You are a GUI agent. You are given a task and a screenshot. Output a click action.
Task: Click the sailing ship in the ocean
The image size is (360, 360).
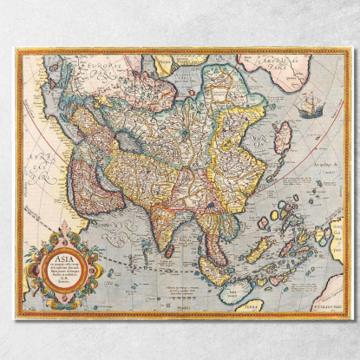coord(310,108)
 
